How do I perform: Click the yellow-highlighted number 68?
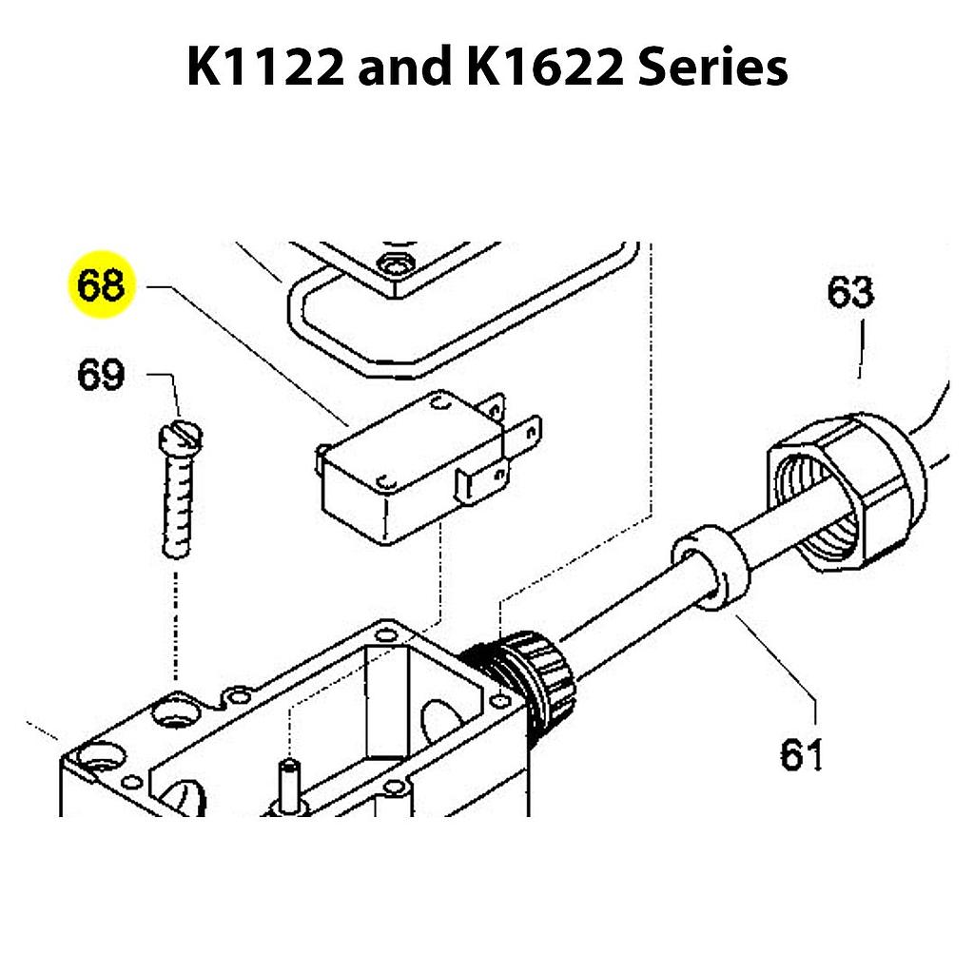click(x=101, y=284)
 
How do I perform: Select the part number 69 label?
click(x=101, y=374)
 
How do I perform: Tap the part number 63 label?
click(x=849, y=292)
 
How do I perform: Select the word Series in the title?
click(x=713, y=68)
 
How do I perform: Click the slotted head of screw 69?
click(x=179, y=437)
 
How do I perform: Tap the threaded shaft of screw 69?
click(x=177, y=504)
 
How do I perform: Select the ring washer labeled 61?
click(x=711, y=568)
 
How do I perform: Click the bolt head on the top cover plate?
click(x=391, y=262)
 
